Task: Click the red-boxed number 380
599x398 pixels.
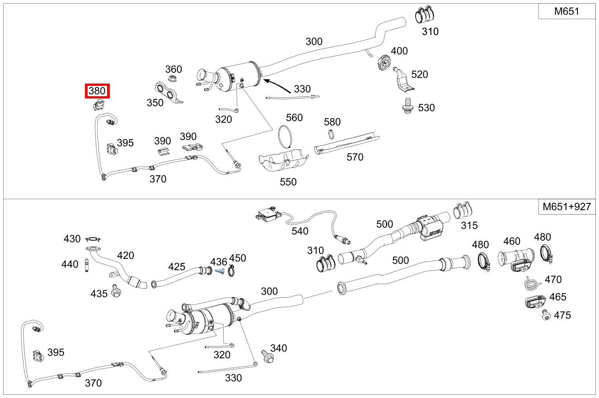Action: click(97, 91)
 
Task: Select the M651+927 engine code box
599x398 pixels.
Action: click(566, 207)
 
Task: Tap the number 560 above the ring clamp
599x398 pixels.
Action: click(294, 118)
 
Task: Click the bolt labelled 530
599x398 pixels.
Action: click(407, 105)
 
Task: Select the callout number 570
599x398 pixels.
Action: click(355, 157)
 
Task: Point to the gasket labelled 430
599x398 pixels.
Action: click(94, 239)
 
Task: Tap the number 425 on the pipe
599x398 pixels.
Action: click(177, 267)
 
